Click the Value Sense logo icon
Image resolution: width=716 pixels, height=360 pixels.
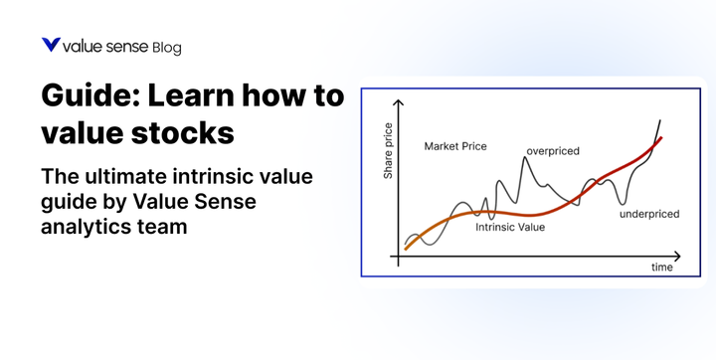click(x=50, y=45)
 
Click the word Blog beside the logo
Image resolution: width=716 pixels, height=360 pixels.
click(x=167, y=47)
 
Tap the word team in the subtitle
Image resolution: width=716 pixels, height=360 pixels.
click(x=166, y=227)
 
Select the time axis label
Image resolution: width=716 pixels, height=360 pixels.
click(x=661, y=268)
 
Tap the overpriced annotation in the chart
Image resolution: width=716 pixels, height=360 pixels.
click(x=552, y=151)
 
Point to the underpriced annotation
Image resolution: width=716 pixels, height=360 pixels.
click(x=648, y=213)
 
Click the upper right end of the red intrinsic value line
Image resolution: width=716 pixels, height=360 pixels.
click(x=661, y=138)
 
